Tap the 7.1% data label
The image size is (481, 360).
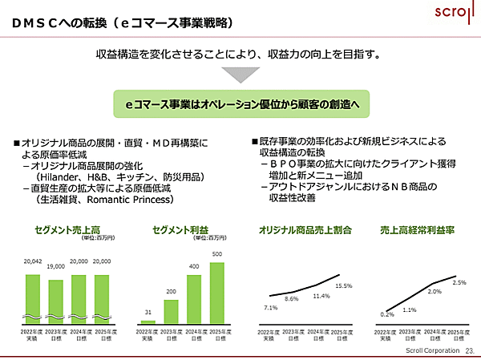click(x=270, y=307)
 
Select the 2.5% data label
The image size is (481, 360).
click(x=459, y=282)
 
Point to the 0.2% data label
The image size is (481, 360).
click(x=387, y=314)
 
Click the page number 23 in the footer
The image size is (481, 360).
click(x=469, y=350)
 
